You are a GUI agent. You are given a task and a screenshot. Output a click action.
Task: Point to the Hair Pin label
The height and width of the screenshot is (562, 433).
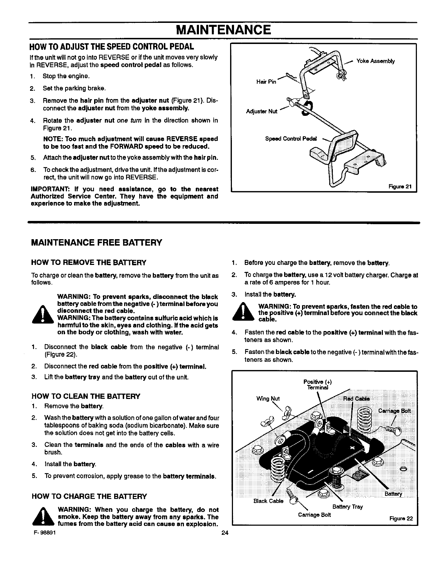tap(266, 82)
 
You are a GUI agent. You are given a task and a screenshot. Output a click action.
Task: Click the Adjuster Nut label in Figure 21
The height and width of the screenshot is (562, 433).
tap(262, 112)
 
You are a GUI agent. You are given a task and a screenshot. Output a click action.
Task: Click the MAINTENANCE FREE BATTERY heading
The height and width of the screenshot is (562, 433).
tap(97, 243)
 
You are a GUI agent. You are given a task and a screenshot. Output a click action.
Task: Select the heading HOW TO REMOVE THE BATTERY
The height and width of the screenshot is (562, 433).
tap(89, 263)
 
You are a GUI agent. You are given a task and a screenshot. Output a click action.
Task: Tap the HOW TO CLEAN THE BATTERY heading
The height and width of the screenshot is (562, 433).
tap(86, 396)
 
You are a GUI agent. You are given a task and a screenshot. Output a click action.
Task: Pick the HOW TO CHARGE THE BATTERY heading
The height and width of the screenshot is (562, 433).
tap(89, 496)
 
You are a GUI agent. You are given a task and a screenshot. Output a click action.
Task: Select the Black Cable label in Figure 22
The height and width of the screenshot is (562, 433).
tap(268, 501)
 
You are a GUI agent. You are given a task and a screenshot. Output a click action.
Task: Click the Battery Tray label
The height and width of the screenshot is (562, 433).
tap(347, 507)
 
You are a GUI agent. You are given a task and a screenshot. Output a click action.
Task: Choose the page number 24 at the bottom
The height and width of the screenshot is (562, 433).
tap(224, 533)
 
